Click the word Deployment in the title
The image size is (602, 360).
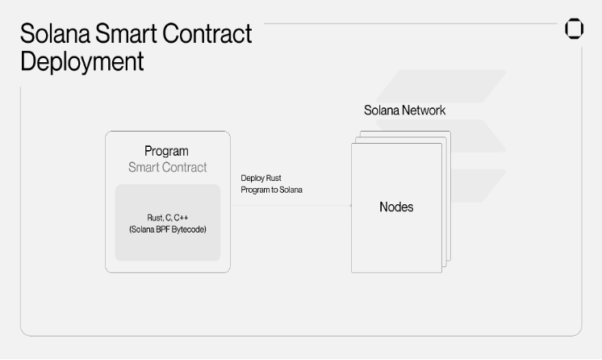coord(82,61)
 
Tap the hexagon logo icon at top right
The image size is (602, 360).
coord(574,29)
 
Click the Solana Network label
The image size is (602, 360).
coord(404,110)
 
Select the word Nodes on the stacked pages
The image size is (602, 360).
coord(396,207)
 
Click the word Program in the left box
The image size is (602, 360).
coord(166,151)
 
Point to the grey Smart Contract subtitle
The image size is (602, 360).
coord(167,167)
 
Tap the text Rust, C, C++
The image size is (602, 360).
coord(168,218)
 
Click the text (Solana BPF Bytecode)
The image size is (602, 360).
coord(168,230)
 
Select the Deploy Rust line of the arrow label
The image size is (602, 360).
coord(260,178)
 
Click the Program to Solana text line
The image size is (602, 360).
coord(271,189)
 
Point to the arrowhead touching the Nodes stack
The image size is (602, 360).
coord(349,205)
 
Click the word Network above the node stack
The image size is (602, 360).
coord(424,110)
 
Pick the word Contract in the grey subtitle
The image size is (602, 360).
coord(185,167)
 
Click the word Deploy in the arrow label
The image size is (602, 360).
coord(251,178)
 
